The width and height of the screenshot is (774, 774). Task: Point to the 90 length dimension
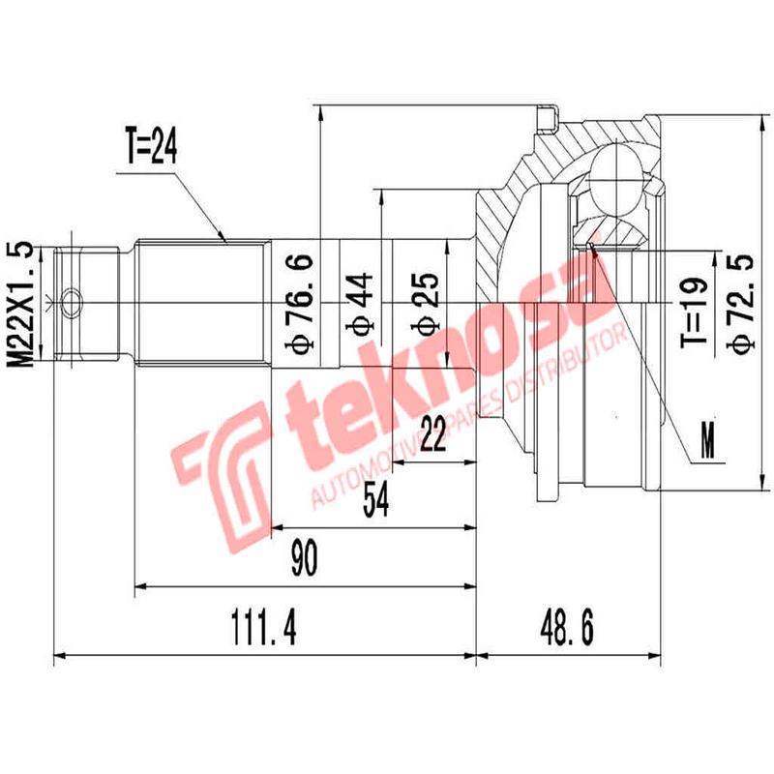(304, 560)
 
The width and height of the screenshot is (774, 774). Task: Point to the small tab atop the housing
(549, 117)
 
